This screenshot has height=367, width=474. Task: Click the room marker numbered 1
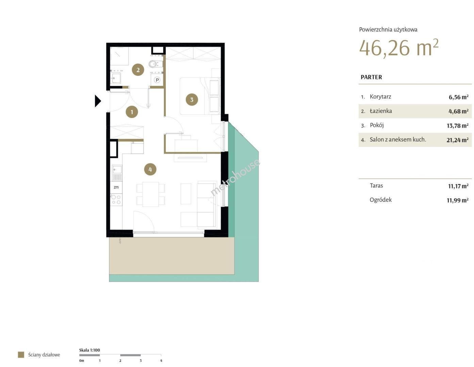(x=132, y=112)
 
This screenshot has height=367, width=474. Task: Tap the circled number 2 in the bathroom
(x=138, y=70)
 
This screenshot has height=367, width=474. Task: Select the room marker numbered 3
(x=192, y=100)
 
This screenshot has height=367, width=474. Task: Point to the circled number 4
(x=150, y=169)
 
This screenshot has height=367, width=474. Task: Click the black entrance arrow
(x=98, y=101)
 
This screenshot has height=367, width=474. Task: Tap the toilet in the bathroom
(x=156, y=64)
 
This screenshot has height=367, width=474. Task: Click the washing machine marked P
(x=157, y=80)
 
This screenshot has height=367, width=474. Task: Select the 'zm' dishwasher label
(x=116, y=187)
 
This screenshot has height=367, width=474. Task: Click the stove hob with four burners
(x=116, y=200)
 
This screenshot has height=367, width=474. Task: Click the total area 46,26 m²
(x=398, y=48)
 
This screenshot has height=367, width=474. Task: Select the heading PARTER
(x=371, y=77)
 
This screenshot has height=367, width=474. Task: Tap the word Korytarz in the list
(x=380, y=97)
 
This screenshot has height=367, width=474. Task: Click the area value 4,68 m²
(x=458, y=111)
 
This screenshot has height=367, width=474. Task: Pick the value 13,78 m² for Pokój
(x=457, y=126)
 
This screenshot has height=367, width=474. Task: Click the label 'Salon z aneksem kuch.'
(x=398, y=139)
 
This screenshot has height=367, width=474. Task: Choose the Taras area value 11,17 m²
(x=458, y=186)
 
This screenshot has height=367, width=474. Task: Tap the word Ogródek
(x=380, y=200)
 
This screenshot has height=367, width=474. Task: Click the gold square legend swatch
(x=21, y=354)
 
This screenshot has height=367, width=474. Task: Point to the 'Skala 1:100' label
(x=89, y=350)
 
